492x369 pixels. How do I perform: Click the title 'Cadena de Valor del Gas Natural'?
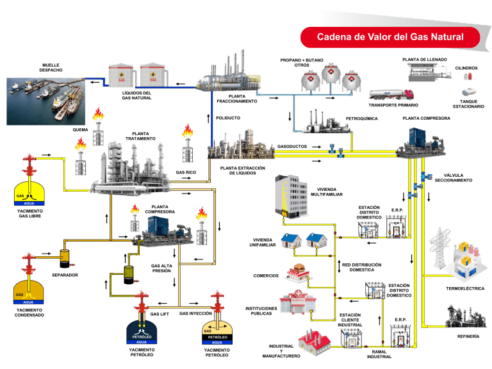tap(390, 37)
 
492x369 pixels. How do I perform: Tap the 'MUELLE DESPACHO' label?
tap(52, 67)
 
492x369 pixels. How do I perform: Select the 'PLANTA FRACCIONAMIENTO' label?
tap(236, 99)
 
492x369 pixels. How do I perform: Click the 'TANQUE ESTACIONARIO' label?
tap(468, 104)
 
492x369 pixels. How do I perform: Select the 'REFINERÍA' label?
tap(468, 336)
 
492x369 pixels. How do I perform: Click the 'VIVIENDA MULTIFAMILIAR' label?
tap(327, 192)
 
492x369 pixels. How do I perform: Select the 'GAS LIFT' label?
tap(160, 315)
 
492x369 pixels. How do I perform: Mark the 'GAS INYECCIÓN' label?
tap(196, 314)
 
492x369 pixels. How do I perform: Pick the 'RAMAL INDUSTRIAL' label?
tap(379, 354)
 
